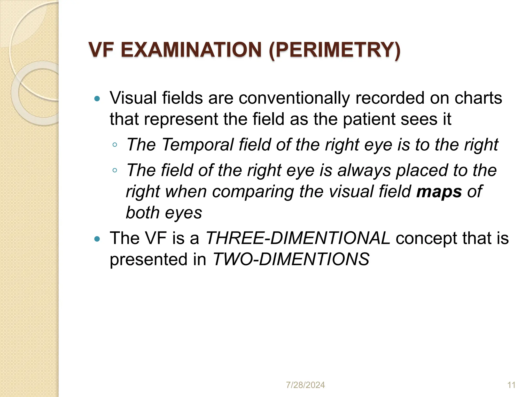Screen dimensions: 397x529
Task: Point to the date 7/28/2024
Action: (x=305, y=385)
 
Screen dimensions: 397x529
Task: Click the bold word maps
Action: (x=439, y=192)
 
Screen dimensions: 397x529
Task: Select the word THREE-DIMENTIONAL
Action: (x=298, y=238)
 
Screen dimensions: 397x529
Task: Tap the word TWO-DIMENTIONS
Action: (x=291, y=259)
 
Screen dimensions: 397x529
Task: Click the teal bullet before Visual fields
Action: (x=97, y=98)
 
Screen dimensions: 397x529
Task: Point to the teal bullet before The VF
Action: (x=97, y=239)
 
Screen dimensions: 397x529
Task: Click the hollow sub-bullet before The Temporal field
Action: (x=115, y=145)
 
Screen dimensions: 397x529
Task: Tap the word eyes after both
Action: (x=183, y=213)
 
